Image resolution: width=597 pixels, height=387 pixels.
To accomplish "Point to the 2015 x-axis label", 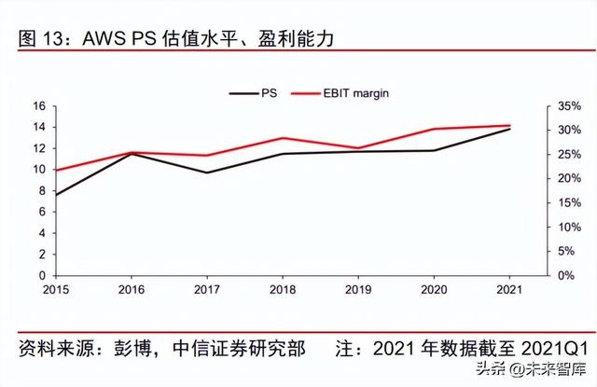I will click(56, 289).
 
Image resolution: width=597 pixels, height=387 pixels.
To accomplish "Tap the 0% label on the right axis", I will click(565, 276).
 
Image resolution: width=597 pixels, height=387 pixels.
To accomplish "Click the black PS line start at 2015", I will click(56, 195).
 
